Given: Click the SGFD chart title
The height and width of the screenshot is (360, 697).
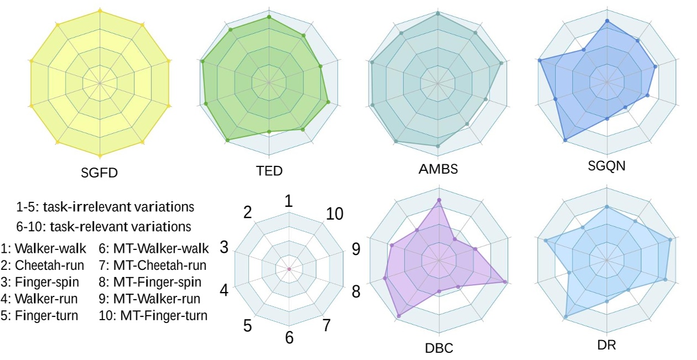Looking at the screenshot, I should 100,172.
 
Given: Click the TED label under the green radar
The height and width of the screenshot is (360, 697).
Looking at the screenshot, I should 270,170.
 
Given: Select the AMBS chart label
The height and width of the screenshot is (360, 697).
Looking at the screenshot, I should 438,169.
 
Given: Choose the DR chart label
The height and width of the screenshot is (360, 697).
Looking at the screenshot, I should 606,345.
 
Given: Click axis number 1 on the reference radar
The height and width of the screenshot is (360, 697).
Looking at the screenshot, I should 289,202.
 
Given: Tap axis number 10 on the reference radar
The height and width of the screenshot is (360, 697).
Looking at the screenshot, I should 334,214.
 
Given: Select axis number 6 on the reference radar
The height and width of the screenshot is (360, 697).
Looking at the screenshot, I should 289,337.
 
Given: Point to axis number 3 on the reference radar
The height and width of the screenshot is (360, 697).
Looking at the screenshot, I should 224,247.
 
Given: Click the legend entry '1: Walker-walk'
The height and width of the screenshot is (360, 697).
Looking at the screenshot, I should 44,249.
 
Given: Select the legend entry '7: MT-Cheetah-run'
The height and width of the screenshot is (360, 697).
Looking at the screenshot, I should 153,265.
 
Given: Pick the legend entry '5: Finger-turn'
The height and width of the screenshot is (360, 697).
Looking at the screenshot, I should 40,316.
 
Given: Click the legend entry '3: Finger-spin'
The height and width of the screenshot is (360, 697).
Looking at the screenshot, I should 40,282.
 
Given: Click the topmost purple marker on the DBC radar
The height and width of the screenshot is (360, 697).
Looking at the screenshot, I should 439,200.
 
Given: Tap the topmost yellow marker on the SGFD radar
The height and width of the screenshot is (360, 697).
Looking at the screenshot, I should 99,11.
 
